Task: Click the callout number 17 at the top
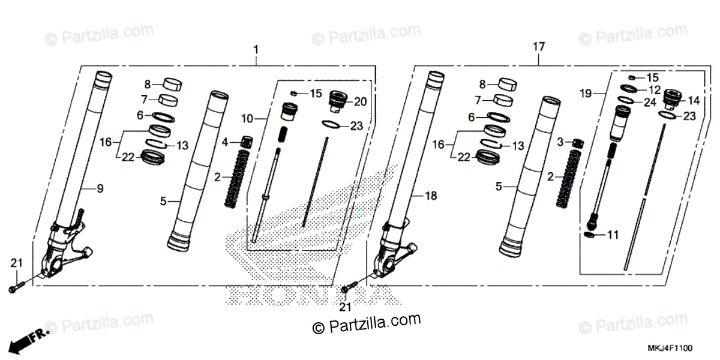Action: [x=538, y=47]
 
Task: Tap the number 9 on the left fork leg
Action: [x=100, y=189]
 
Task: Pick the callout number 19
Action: [x=586, y=94]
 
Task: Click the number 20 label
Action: [x=360, y=102]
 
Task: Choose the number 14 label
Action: [x=694, y=100]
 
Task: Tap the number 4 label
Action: [x=226, y=143]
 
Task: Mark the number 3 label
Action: [x=560, y=142]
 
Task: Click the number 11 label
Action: [x=612, y=235]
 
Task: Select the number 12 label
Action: [x=655, y=89]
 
